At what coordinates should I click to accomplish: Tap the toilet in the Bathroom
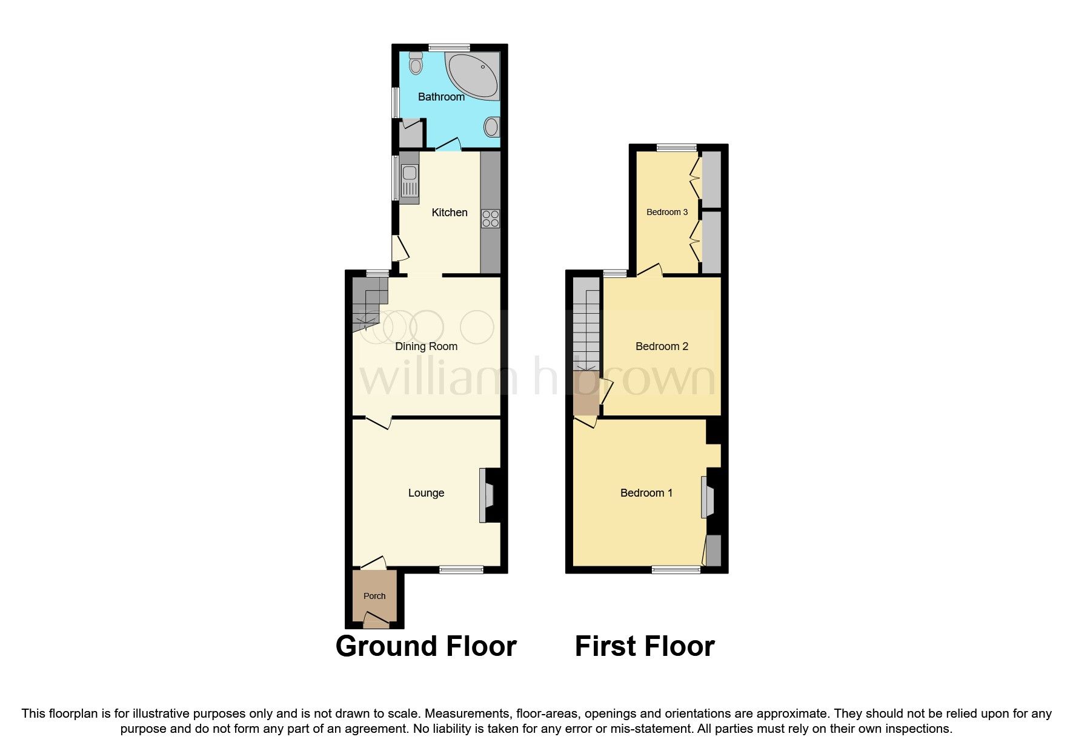click(x=416, y=63)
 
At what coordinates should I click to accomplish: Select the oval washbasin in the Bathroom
click(x=491, y=127)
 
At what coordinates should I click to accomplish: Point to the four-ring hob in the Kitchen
click(x=490, y=219)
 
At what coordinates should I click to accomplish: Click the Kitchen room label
click(x=449, y=213)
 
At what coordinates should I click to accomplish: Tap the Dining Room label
click(x=426, y=346)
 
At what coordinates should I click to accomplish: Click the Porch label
click(x=374, y=596)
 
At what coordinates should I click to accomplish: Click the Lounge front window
click(x=461, y=569)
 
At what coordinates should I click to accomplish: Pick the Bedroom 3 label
click(x=666, y=212)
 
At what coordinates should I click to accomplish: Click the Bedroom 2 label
click(x=662, y=346)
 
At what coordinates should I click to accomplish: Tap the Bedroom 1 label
click(x=646, y=493)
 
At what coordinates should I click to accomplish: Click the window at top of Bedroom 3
click(x=677, y=147)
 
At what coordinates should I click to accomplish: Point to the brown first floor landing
click(x=586, y=394)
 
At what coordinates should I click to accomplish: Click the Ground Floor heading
click(x=425, y=646)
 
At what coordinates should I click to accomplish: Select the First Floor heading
click(x=644, y=646)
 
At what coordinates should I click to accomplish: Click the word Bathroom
click(x=441, y=97)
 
